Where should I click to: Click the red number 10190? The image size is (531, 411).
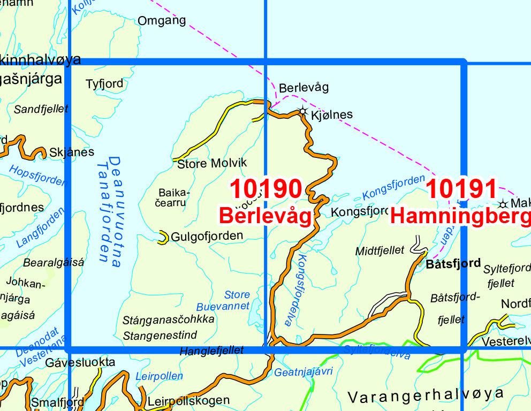click(266, 189)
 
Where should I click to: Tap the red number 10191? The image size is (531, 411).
click(462, 189)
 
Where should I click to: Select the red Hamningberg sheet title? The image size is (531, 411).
click(460, 215)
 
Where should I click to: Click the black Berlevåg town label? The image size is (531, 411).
click(304, 87)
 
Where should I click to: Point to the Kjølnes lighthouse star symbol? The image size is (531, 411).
click(303, 112)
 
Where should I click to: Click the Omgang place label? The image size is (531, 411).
click(162, 21)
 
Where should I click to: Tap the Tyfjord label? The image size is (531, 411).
click(104, 84)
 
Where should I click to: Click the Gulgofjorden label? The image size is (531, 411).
click(206, 235)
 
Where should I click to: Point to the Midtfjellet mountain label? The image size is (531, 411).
click(380, 251)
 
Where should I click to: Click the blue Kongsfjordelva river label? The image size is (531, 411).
click(296, 289)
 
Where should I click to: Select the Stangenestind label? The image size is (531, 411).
click(160, 336)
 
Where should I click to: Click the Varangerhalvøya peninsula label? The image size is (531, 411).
click(426, 395)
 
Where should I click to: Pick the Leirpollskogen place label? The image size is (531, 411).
click(188, 400)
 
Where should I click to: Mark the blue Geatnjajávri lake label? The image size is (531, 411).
click(304, 371)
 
